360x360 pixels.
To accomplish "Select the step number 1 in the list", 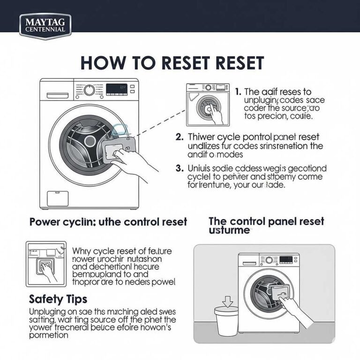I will [x=238, y=92].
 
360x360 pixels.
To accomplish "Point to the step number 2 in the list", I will [x=179, y=137].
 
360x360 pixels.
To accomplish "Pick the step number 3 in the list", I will [x=179, y=168].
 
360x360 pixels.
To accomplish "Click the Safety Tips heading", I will [x=58, y=298].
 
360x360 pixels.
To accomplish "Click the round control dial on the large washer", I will [x=89, y=90].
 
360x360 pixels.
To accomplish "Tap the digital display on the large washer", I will [x=116, y=88].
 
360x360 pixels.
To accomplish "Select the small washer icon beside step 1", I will [x=207, y=105].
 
